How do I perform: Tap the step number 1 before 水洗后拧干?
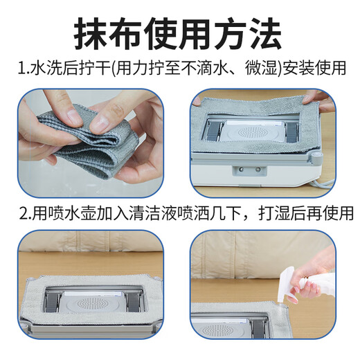21,69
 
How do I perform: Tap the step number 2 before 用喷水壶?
21,212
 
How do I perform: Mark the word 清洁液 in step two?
143,212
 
